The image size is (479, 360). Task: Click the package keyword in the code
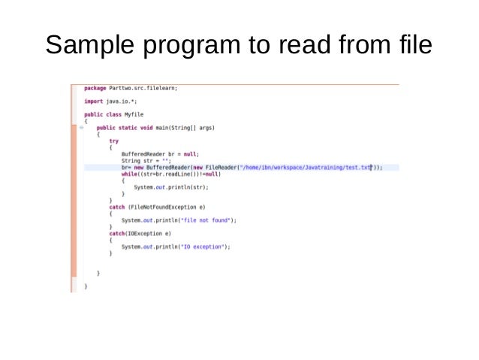[95, 88]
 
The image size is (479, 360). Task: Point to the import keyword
[93, 101]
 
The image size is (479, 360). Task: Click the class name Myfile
[134, 114]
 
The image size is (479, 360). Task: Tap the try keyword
[113, 141]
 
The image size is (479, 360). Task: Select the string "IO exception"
[203, 247]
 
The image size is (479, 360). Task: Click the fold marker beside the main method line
[80, 128]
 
